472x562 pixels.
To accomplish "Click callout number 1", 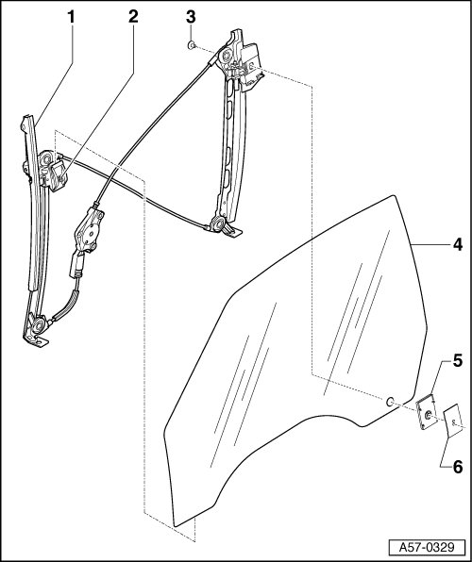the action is point(71,17).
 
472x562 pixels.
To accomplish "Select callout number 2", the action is point(133,17).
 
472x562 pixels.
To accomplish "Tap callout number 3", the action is point(191,17).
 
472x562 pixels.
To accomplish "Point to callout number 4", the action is point(457,245).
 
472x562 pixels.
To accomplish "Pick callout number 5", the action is point(457,361).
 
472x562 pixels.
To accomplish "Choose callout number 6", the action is point(457,467).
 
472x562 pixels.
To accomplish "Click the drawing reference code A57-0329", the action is point(427,548).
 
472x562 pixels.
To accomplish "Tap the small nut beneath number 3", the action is point(192,45).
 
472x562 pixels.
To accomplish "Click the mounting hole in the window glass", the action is point(390,402).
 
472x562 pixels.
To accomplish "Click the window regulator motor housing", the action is point(89,232).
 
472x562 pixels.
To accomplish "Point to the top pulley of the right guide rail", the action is point(227,57).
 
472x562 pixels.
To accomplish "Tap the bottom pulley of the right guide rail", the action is point(218,225).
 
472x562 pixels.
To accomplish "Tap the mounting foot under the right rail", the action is point(231,232).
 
